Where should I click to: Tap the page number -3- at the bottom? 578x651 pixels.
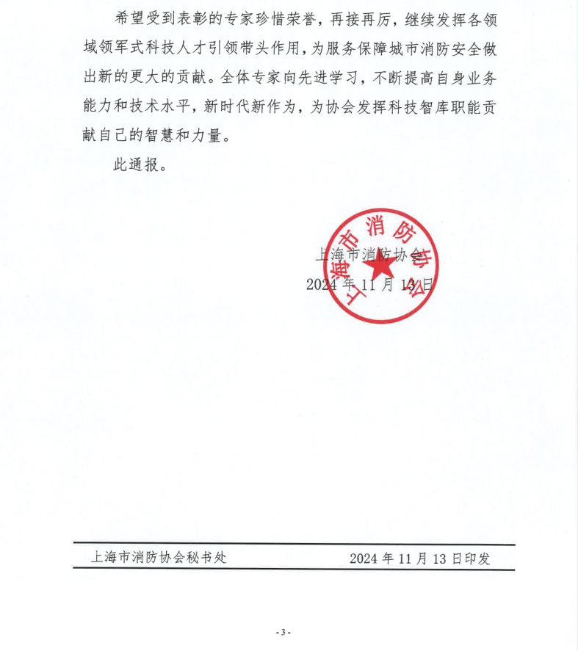click(x=283, y=632)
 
